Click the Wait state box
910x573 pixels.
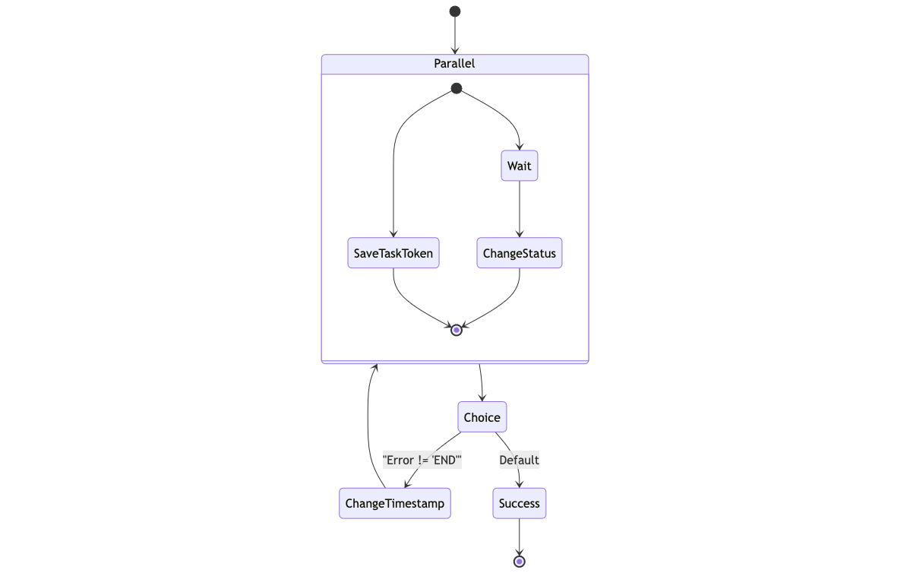[520, 166]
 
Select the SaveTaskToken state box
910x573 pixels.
[393, 253]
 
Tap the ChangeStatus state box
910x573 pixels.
[520, 253]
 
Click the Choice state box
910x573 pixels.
[482, 417]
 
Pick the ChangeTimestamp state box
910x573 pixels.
[395, 503]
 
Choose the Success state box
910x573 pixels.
[520, 503]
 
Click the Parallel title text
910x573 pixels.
[454, 64]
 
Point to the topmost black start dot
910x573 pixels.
[455, 11]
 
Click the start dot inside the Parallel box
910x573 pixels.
[457, 89]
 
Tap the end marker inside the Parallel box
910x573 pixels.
[457, 330]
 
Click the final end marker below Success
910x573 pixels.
[520, 562]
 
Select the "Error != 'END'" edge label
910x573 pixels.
[422, 460]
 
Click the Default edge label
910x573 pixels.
[520, 460]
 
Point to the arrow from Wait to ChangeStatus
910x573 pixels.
[520, 209]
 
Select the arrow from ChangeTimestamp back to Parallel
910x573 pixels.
[368, 426]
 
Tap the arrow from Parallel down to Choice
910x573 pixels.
[481, 382]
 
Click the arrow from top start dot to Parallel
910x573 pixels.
[455, 34]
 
